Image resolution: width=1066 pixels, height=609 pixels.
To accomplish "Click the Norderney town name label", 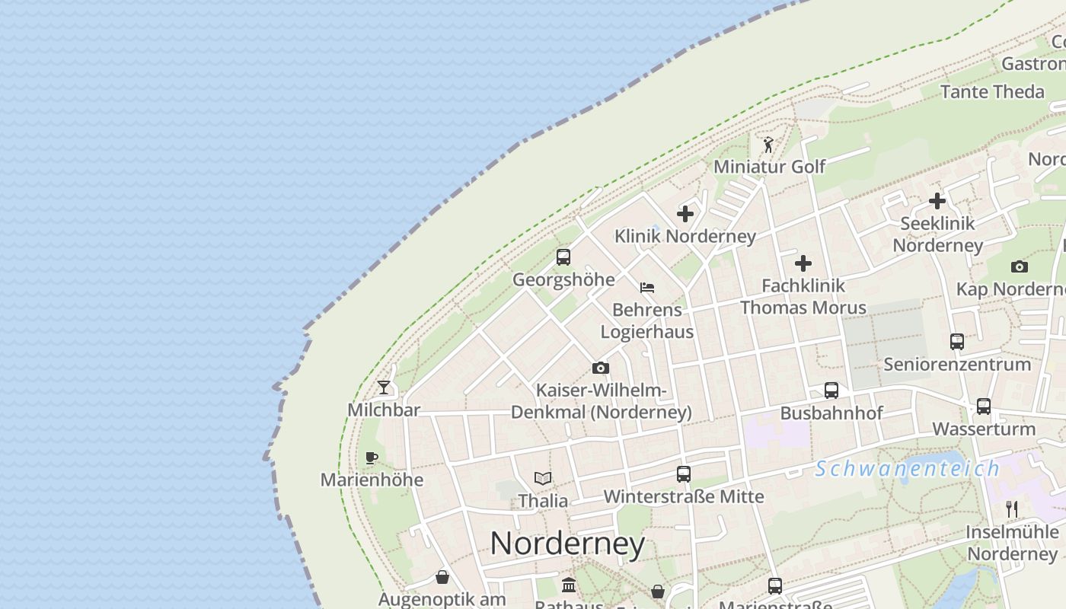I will [567, 544].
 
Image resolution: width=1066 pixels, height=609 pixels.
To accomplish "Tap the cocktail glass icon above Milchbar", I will [384, 387].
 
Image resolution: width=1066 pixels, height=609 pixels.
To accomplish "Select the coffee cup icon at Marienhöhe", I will [371, 458].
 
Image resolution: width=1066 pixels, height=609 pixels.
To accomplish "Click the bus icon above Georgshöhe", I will [563, 257].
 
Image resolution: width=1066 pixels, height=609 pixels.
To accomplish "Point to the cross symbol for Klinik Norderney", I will [685, 214].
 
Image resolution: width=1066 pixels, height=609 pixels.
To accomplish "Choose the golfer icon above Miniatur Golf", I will [768, 144].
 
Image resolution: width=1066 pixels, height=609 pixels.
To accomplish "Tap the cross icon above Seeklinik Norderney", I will [937, 201].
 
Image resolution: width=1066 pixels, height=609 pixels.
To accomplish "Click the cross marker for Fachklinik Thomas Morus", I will [803, 263].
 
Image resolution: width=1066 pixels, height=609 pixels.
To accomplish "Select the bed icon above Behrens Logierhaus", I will [647, 288].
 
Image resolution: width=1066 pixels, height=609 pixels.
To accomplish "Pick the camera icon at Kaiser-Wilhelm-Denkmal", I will [601, 368].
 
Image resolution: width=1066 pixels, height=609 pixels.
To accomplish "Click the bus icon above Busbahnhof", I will [831, 391].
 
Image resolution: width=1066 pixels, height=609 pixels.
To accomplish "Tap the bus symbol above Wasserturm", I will [984, 407].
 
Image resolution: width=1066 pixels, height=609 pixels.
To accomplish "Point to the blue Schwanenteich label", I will [907, 469].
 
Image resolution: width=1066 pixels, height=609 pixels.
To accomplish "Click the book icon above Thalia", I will [543, 478].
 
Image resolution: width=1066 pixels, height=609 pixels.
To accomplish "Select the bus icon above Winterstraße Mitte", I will [684, 474].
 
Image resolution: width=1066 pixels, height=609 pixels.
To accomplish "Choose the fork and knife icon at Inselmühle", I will [1012, 509].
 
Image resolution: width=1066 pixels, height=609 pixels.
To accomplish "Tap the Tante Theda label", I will [992, 92].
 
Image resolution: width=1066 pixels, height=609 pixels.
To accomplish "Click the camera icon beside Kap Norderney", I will [1020, 266].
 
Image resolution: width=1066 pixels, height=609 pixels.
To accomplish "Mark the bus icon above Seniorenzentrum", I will [957, 342].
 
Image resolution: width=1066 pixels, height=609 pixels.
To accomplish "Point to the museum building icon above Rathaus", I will [569, 585].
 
